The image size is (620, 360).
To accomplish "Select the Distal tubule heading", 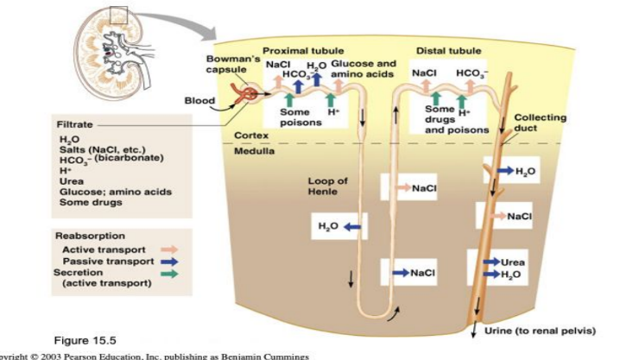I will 448,52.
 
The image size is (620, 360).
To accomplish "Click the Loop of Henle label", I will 327,186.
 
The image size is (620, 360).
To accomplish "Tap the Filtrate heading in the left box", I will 75,125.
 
